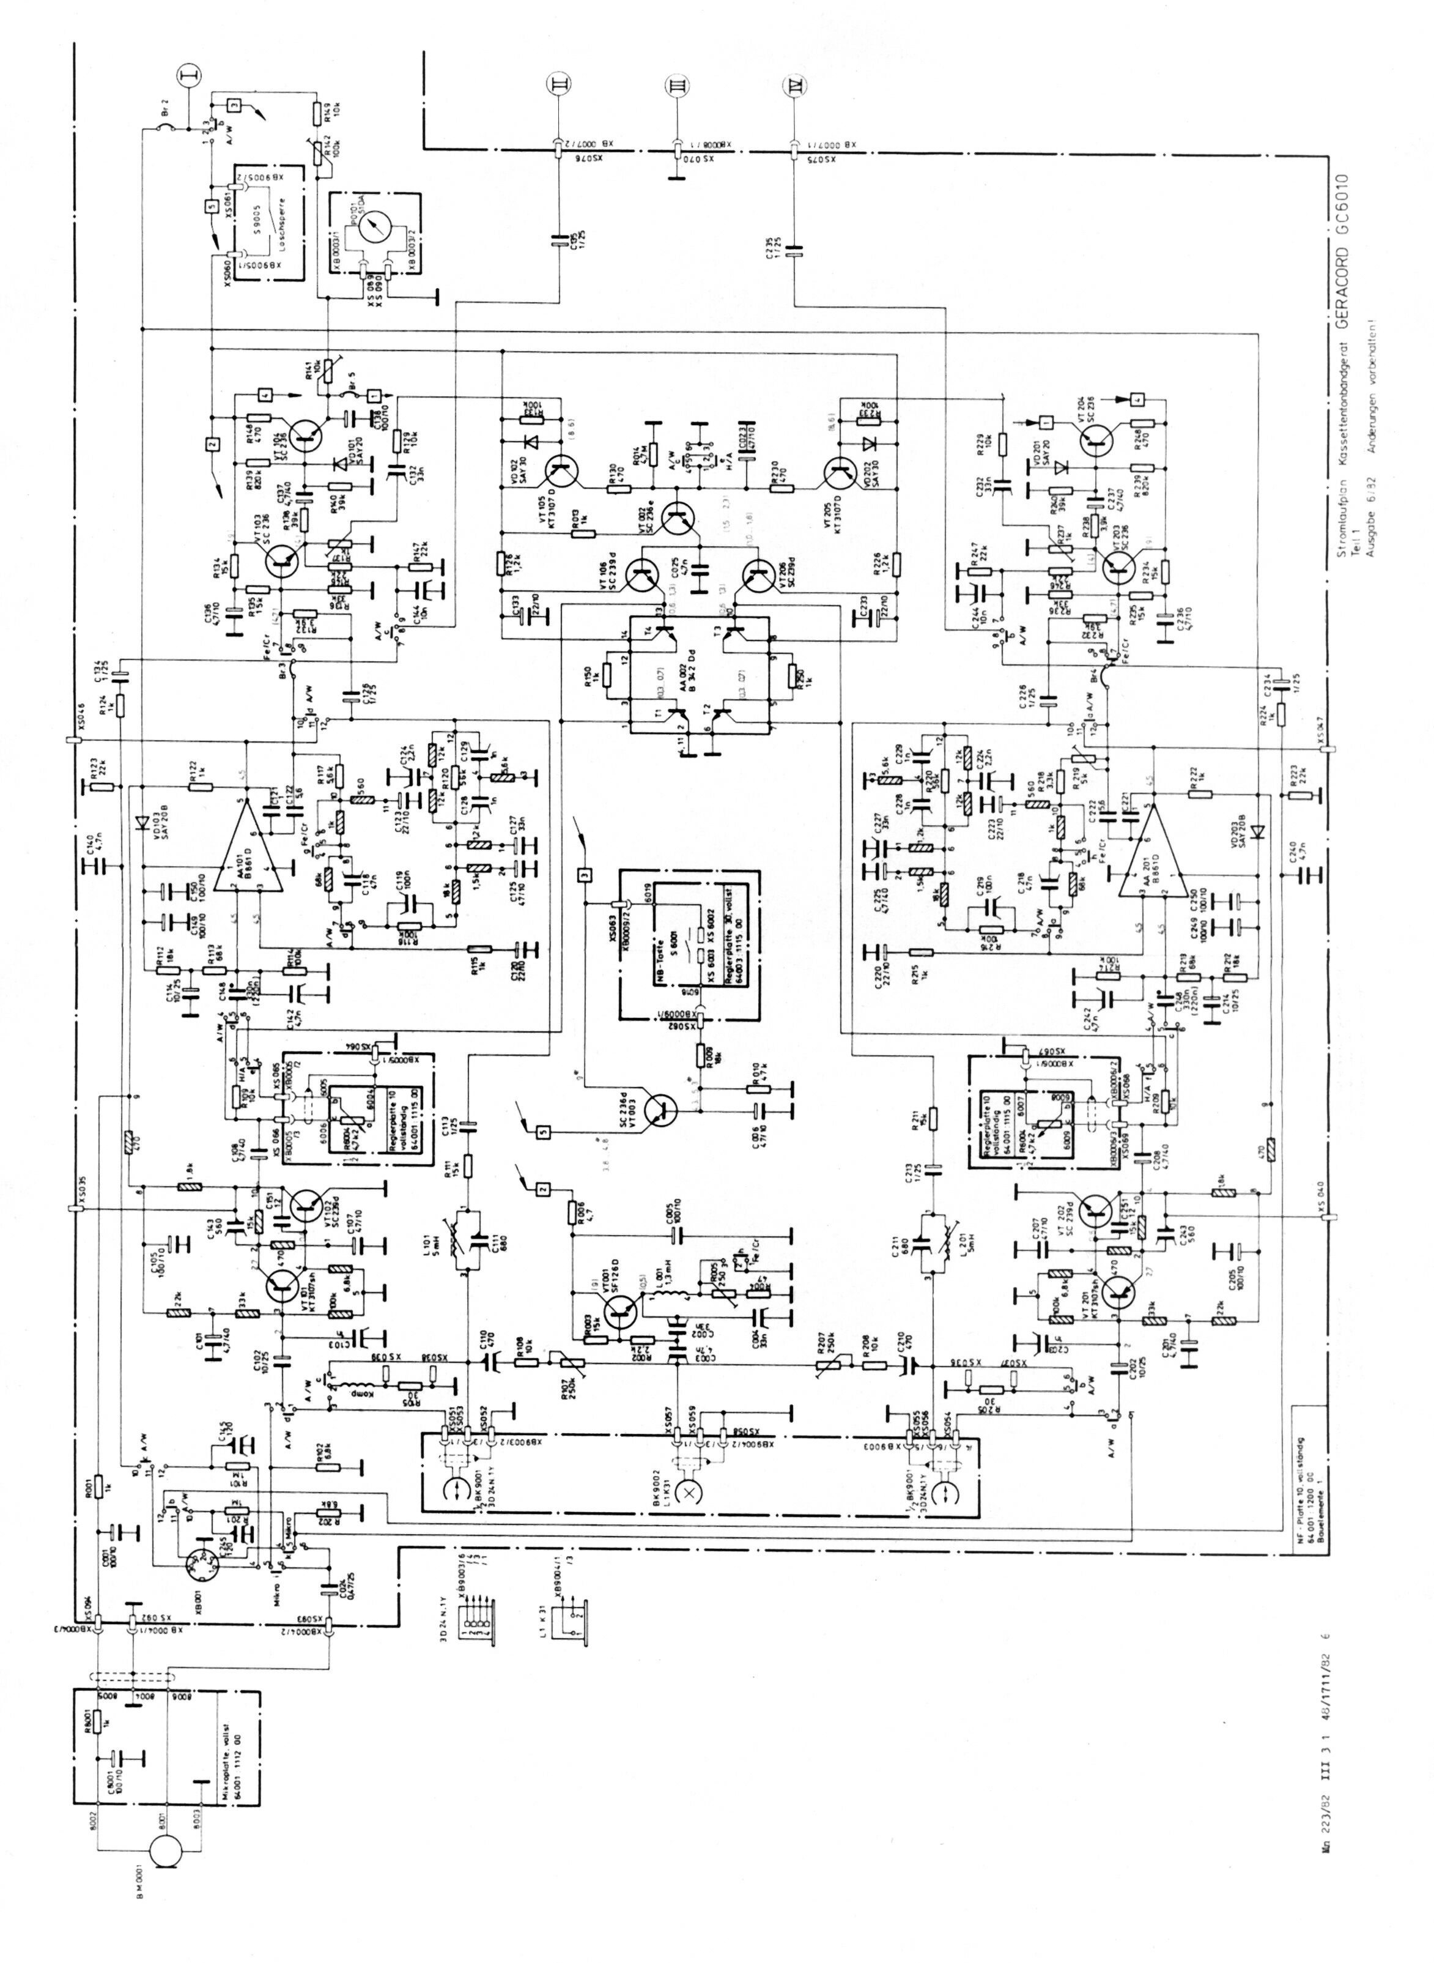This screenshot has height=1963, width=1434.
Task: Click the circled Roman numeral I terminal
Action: pyautogui.click(x=186, y=77)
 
